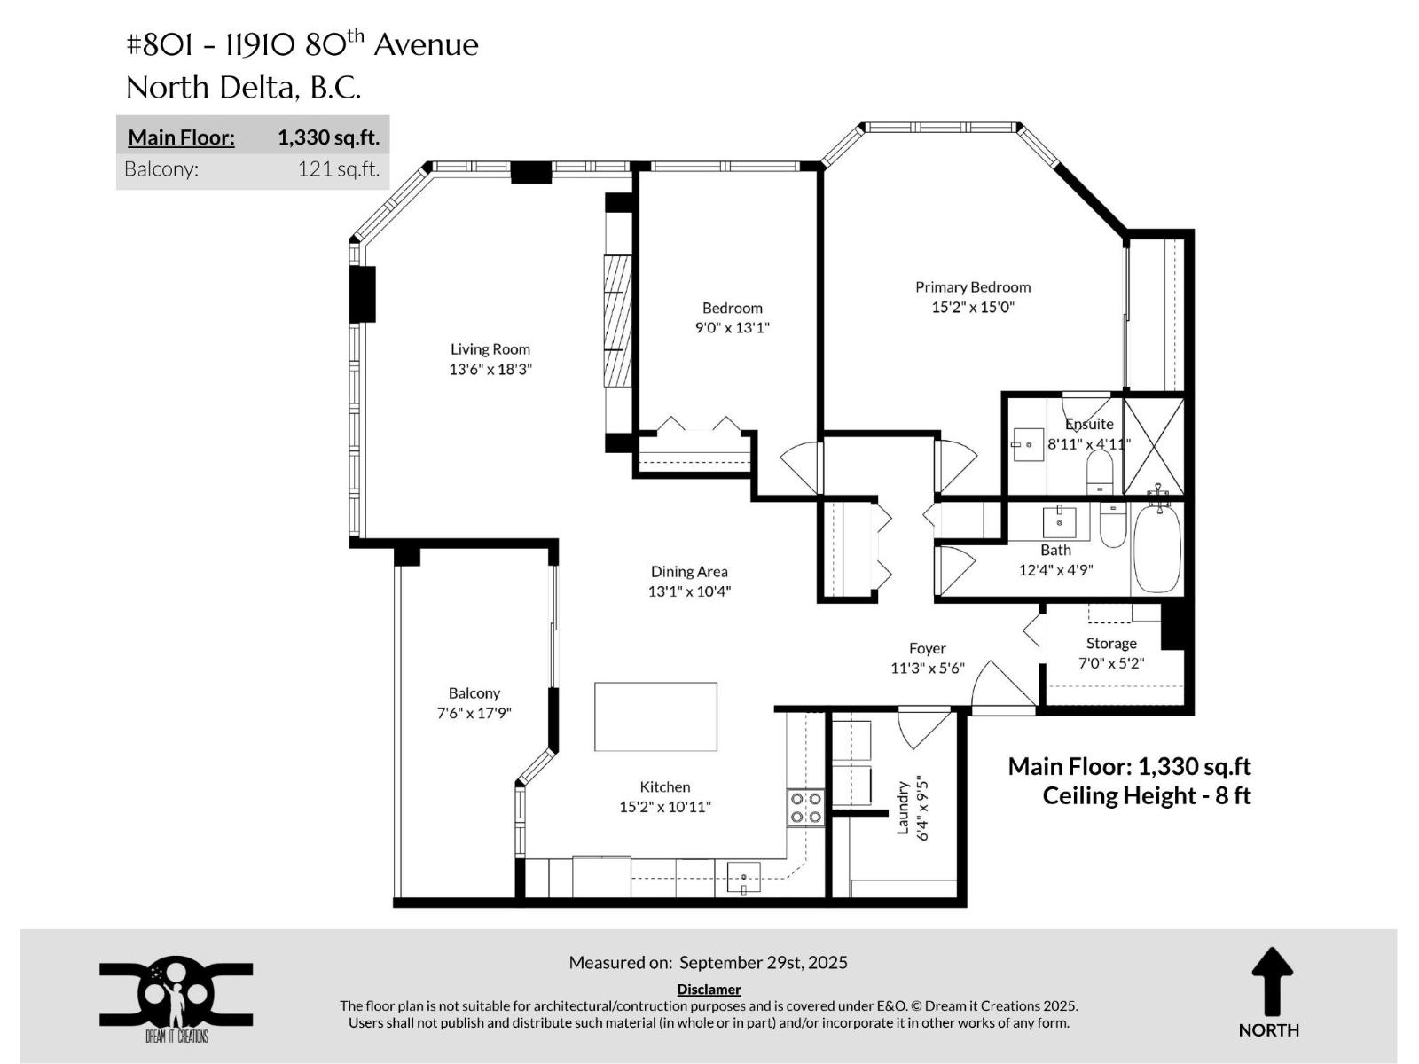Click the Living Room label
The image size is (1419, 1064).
coord(490,349)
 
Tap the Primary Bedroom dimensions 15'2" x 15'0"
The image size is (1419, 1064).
coord(973,307)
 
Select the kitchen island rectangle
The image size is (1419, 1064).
coord(655,716)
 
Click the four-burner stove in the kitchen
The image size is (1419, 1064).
coord(805,808)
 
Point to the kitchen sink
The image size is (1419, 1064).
coord(743,878)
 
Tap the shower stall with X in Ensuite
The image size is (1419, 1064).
coord(1153,446)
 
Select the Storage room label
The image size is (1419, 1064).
coord(1111,643)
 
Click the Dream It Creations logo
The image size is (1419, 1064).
coord(176,997)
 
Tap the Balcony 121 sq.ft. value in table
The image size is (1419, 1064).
coord(338,168)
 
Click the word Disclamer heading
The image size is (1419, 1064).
coord(709,989)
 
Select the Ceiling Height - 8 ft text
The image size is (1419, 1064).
coord(1146,795)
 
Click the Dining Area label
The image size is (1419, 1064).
coord(689,572)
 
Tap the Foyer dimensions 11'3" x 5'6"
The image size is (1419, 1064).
coord(927,668)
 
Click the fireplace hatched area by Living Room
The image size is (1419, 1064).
coord(617,321)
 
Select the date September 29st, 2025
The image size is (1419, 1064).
coord(763,962)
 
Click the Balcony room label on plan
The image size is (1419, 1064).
coord(474,693)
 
